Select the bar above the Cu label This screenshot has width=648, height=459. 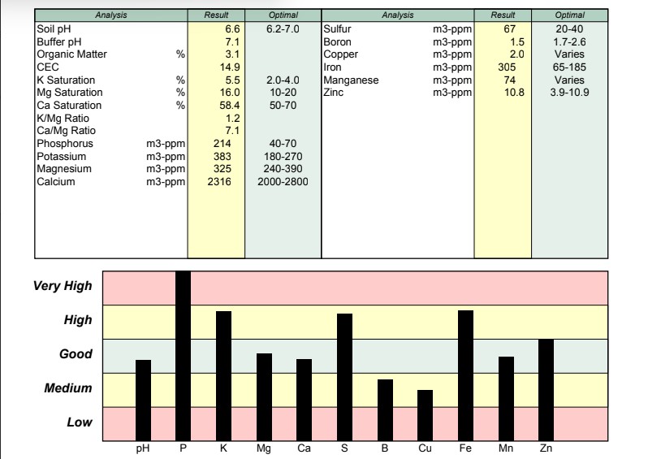(x=426, y=414)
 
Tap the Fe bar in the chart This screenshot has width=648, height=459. (x=465, y=375)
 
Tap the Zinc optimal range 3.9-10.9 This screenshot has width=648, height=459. (x=568, y=93)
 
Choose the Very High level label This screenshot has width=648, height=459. (x=63, y=286)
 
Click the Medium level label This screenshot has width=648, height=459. (x=68, y=389)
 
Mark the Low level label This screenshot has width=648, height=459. (x=79, y=422)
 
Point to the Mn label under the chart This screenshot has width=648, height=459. (x=506, y=448)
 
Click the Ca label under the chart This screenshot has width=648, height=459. (x=304, y=448)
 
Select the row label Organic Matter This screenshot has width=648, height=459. (x=71, y=54)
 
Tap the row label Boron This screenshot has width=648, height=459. (x=337, y=41)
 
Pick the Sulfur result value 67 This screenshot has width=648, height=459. (x=510, y=28)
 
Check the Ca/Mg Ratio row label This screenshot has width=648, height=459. (x=64, y=131)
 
